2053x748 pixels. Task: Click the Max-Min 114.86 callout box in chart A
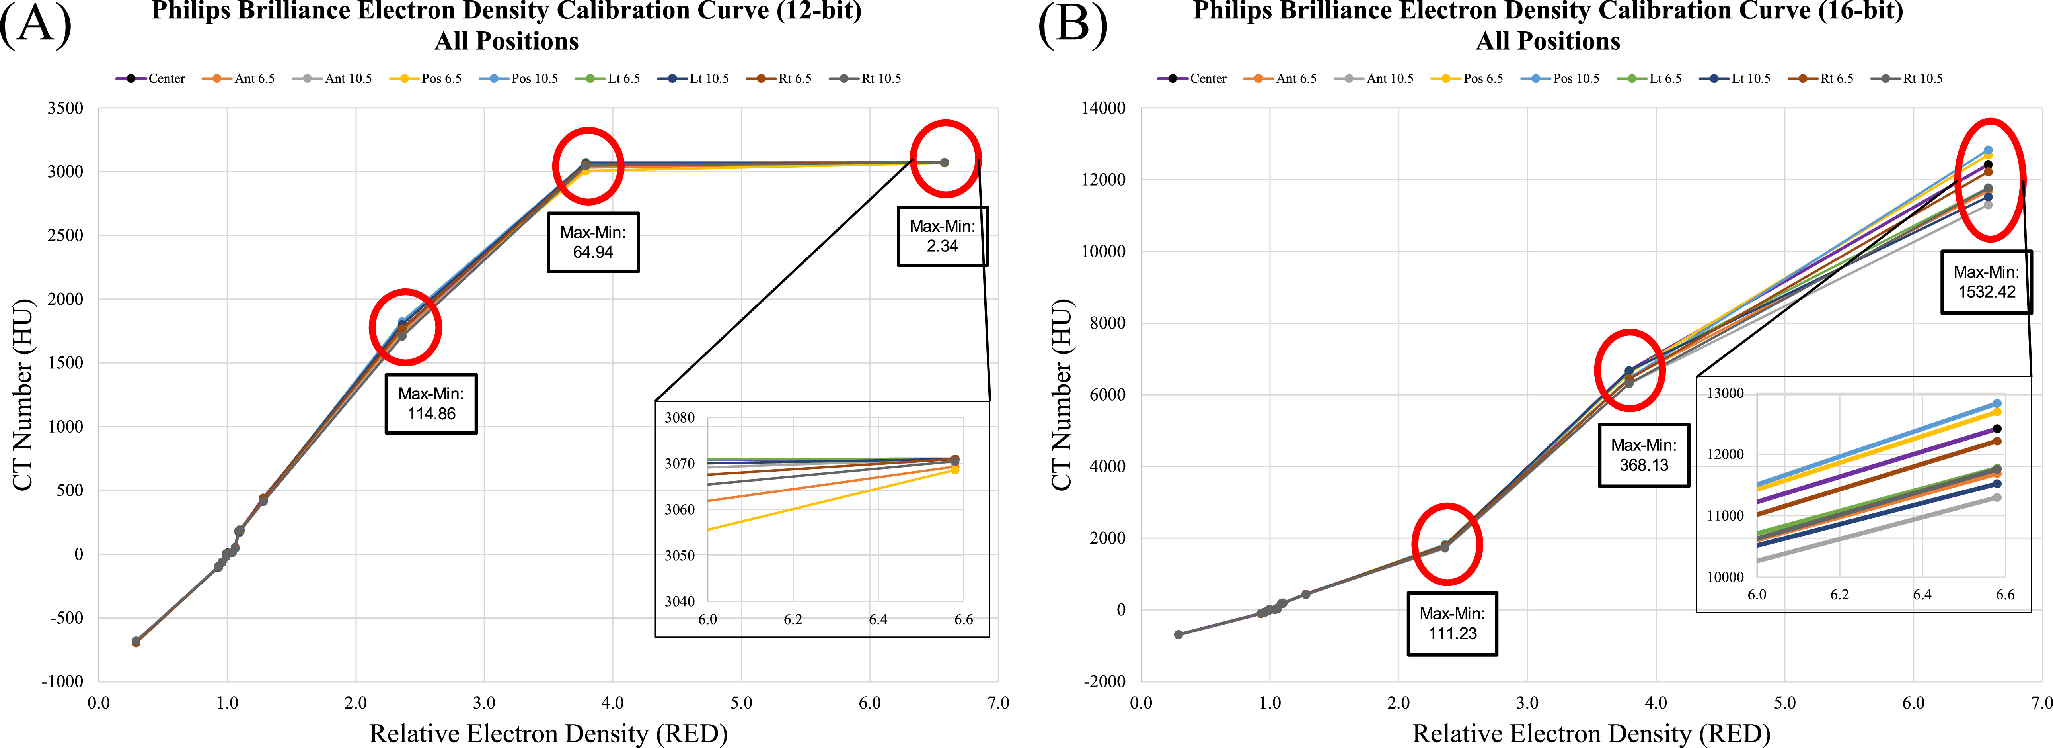click(x=431, y=403)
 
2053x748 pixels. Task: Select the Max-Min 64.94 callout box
click(x=593, y=243)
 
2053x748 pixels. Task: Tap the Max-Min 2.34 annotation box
click(x=943, y=236)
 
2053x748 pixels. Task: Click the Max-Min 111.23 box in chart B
click(x=1452, y=624)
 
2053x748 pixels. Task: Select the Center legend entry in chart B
click(x=1192, y=78)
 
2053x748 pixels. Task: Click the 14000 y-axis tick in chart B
click(x=1103, y=108)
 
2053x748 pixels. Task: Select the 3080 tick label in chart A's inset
click(x=680, y=417)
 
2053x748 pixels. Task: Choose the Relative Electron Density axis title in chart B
click(x=1591, y=733)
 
